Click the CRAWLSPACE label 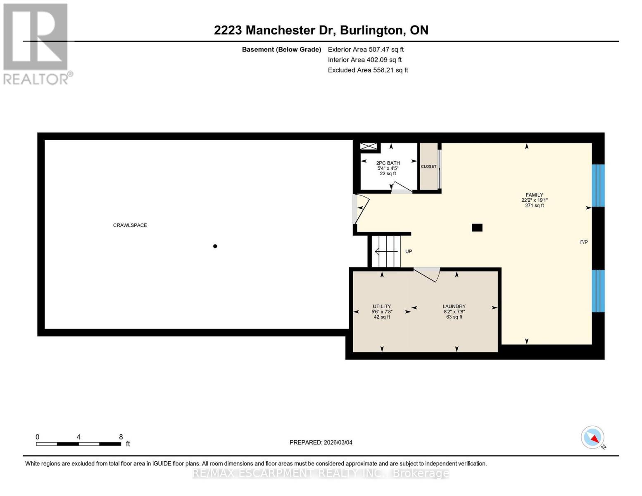[130, 225]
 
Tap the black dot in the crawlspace [215, 246]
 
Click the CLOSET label [428, 167]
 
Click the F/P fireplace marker [584, 242]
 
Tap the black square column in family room [477, 228]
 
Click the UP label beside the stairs [409, 251]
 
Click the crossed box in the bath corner [369, 147]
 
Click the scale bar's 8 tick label [121, 437]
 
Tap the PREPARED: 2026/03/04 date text [321, 442]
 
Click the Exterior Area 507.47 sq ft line [366, 49]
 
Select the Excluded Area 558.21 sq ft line [368, 70]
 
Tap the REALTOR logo [36, 44]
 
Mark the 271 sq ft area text [534, 205]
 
